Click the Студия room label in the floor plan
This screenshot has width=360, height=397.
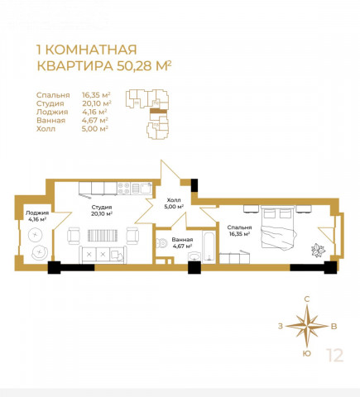[x=102, y=207]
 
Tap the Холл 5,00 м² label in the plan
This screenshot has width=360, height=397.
[x=174, y=203]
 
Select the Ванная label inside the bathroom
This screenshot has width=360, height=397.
[x=182, y=240]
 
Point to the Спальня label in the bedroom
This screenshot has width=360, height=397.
[x=239, y=227]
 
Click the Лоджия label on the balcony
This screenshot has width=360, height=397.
[x=37, y=213]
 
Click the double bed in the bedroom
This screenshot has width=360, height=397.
[x=278, y=227]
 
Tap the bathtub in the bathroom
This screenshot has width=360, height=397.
[x=209, y=246]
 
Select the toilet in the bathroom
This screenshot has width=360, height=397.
[x=162, y=243]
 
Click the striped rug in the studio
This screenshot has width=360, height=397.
[x=103, y=236]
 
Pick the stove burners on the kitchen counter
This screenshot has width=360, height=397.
[x=124, y=189]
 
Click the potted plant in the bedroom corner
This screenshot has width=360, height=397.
[x=319, y=251]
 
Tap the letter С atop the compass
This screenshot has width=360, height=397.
[x=306, y=299]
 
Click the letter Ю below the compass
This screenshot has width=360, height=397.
[x=306, y=354]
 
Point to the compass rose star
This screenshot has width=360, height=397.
[x=307, y=326]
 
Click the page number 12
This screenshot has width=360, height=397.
[x=335, y=356]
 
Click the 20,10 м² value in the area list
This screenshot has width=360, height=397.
[x=97, y=103]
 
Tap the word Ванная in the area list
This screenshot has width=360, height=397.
[x=50, y=120]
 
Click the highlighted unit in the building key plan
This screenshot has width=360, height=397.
[x=158, y=111]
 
